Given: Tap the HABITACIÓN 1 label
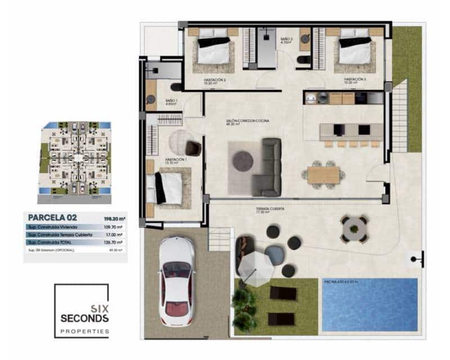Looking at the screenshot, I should [x=175, y=160].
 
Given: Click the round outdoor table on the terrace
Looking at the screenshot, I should [x=354, y=228].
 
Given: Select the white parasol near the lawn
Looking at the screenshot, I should [x=255, y=265].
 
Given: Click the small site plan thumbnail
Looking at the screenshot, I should [x=75, y=158].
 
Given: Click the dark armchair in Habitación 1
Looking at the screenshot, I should [x=193, y=147].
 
